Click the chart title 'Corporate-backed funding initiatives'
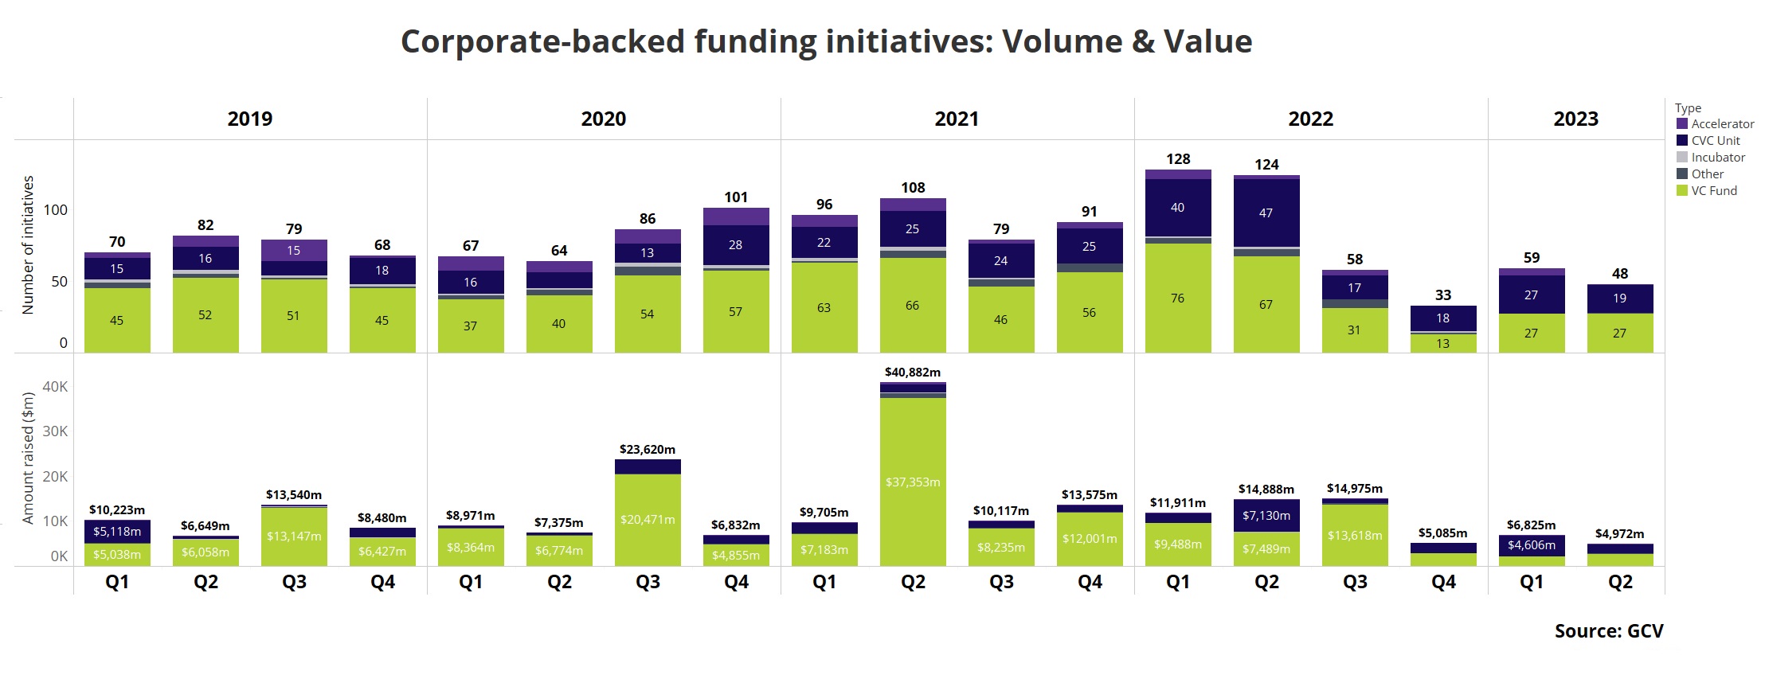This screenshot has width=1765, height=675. coord(826,41)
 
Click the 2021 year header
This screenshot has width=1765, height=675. coord(957,119)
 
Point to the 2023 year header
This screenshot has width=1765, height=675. coord(1575,119)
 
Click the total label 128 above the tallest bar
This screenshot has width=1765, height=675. coord(1178,159)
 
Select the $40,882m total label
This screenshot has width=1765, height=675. coord(913,373)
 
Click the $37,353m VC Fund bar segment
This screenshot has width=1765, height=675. coord(913,482)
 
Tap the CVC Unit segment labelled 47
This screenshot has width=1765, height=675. coord(1266,213)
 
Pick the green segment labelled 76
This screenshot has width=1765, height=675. coord(1177,298)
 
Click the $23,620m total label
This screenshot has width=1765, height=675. coord(648,450)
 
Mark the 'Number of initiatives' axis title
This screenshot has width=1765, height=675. coord(29,245)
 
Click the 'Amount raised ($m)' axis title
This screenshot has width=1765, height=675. coord(29,458)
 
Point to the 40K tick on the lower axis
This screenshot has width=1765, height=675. coord(55,387)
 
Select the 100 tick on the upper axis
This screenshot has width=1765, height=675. coord(56,210)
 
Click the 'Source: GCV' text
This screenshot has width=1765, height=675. coord(1608,631)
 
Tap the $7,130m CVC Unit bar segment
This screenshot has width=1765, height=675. coord(1266,516)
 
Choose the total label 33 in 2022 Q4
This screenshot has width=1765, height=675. coord(1443,295)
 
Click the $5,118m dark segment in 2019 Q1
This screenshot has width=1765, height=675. coord(117,532)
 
